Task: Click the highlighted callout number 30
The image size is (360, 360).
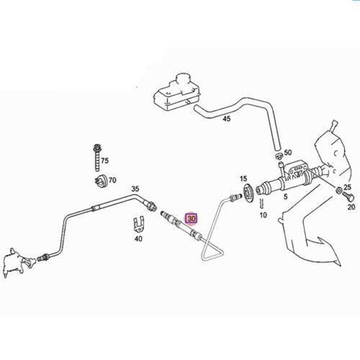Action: (191, 218)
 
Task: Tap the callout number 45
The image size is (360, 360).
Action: (226, 118)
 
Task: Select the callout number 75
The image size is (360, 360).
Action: (105, 160)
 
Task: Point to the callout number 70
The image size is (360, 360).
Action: (112, 180)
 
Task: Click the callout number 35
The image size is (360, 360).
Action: (135, 189)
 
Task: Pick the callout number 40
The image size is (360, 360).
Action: (138, 238)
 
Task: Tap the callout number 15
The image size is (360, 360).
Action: (243, 178)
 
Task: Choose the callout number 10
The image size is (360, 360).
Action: (263, 215)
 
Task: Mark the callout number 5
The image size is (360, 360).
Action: (286, 196)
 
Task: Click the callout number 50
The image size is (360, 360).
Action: (288, 152)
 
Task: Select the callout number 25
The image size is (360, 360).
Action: (347, 187)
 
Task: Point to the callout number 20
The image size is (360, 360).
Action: (351, 207)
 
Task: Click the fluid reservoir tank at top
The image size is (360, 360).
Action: (177, 92)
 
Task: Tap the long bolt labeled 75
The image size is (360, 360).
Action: (97, 158)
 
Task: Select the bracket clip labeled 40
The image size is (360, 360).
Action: (138, 225)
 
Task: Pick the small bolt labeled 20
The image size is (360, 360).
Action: (348, 196)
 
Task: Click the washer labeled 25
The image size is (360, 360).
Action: (339, 190)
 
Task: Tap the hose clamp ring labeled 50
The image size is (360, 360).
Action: (279, 156)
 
